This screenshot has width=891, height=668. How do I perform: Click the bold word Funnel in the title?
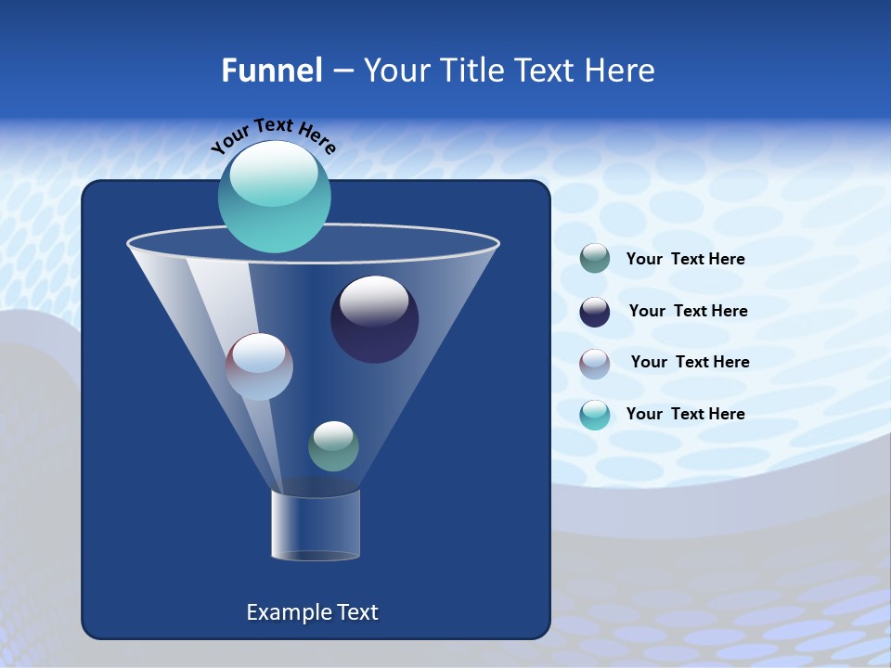(x=271, y=70)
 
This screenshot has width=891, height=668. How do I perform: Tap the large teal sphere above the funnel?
(x=275, y=197)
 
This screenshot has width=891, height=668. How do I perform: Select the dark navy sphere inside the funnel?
(x=374, y=319)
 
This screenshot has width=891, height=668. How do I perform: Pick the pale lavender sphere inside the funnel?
(x=259, y=366)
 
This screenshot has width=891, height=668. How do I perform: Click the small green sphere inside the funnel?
(x=333, y=446)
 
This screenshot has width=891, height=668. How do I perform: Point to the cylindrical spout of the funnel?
(x=316, y=525)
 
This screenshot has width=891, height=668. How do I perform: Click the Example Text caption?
(x=312, y=612)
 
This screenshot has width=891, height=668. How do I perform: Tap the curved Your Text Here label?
(x=273, y=135)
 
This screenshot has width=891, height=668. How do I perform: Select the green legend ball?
(x=595, y=259)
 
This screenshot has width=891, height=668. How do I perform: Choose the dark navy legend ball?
(x=595, y=311)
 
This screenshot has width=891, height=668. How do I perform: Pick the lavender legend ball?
(x=595, y=363)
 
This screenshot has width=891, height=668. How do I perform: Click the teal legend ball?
(x=595, y=415)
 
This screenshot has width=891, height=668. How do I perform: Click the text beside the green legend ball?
(x=685, y=259)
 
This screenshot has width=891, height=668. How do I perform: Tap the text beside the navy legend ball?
(x=688, y=311)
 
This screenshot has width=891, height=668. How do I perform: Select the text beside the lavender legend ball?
(x=690, y=362)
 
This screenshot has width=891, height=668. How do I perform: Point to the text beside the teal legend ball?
(x=685, y=414)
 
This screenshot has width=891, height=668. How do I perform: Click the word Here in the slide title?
(x=621, y=70)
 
